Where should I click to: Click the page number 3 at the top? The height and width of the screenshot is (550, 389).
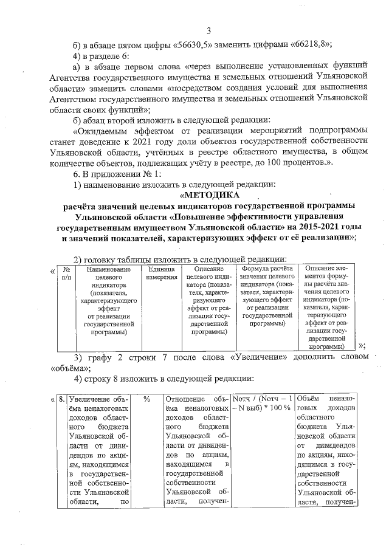(x=208, y=31)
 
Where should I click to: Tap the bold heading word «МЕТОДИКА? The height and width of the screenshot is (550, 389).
(x=210, y=195)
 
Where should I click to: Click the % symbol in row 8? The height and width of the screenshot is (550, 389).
(x=147, y=400)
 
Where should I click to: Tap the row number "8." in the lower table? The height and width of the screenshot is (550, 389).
(x=61, y=400)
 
